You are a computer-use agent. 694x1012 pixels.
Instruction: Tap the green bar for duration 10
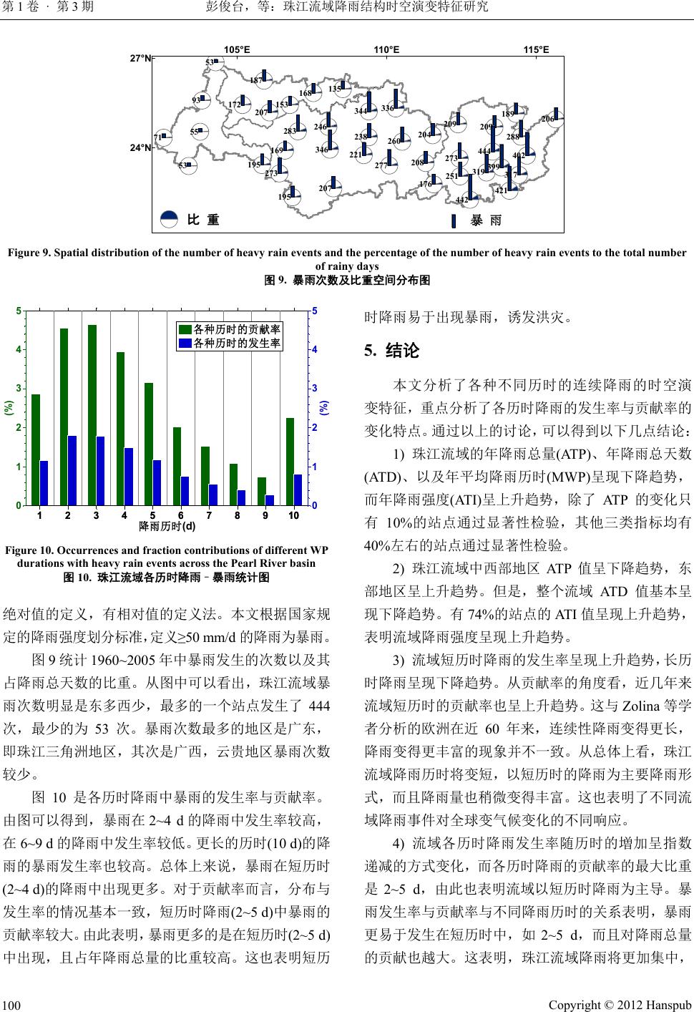(290, 462)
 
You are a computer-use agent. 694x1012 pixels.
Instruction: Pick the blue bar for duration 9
(270, 500)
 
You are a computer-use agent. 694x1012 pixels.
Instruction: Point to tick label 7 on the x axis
(208, 515)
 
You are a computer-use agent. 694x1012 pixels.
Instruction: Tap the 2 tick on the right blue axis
(314, 428)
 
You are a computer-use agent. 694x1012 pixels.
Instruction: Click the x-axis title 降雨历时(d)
(167, 527)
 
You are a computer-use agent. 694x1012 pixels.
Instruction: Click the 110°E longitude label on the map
(386, 49)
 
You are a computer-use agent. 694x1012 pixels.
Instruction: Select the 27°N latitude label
(140, 59)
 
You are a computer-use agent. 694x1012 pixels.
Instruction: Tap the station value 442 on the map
(461, 200)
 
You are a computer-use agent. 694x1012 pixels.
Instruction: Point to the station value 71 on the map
(157, 137)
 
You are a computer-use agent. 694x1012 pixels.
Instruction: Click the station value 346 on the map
(321, 150)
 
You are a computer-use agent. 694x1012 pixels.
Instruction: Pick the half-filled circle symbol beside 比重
(169, 220)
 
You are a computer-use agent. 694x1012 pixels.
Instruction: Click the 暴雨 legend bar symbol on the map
(454, 220)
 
